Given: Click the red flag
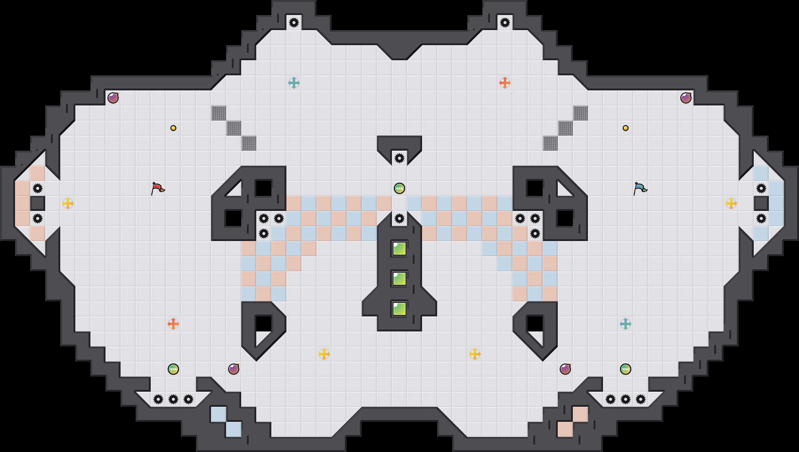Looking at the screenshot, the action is coord(158,188).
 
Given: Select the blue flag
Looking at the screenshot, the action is coord(640,188).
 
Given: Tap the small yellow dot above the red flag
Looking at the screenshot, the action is coord(173,128).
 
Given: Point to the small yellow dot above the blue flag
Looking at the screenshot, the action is coord(626,128).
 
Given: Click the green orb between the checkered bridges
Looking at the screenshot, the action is coord(399,188).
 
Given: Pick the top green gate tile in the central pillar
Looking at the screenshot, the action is coord(399,249).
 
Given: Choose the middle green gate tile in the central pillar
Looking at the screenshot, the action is coord(399,279).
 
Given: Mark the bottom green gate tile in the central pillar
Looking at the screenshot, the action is coord(399,309).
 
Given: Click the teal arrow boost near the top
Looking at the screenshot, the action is coord(294,83).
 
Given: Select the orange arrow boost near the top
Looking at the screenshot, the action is coord(505,83).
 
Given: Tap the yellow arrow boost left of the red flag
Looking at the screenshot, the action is coord(68,203).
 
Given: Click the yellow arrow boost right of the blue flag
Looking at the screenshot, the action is coord(731,203).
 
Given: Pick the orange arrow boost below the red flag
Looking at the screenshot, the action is coord(173,324).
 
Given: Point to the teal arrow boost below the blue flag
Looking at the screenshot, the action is coord(626,324).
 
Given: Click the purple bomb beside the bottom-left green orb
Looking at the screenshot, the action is coord(234,369).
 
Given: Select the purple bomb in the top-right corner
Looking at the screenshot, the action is coord(686,98).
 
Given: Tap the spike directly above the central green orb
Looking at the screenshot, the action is coord(399,158).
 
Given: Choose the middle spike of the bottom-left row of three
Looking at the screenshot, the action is coord(173,399).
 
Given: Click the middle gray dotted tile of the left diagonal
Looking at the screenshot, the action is coord(234,128).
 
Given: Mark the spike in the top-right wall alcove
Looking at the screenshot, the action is coord(505,23).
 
